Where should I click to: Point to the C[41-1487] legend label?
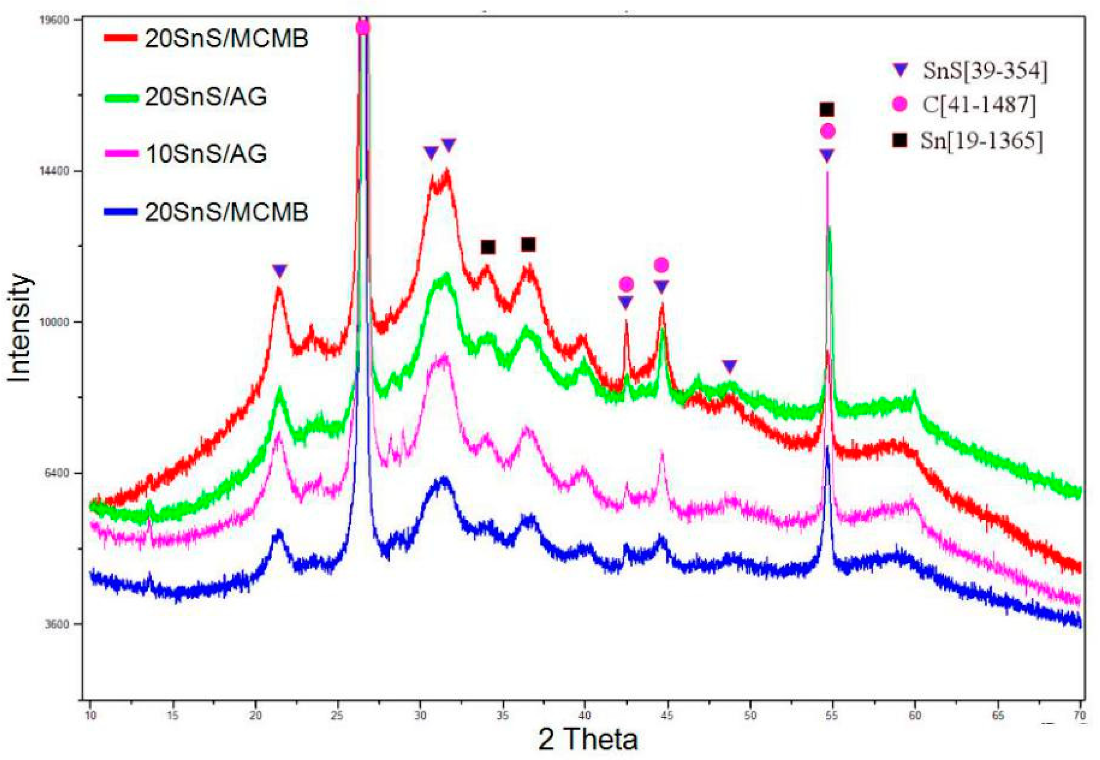click(x=979, y=105)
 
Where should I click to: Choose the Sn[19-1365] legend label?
click(x=981, y=141)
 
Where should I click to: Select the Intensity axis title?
click(x=20, y=328)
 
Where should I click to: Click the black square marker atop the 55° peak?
click(x=827, y=109)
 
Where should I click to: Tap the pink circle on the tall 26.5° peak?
click(x=363, y=28)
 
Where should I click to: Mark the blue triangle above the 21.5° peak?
click(x=280, y=271)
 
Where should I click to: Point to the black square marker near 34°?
click(x=488, y=247)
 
